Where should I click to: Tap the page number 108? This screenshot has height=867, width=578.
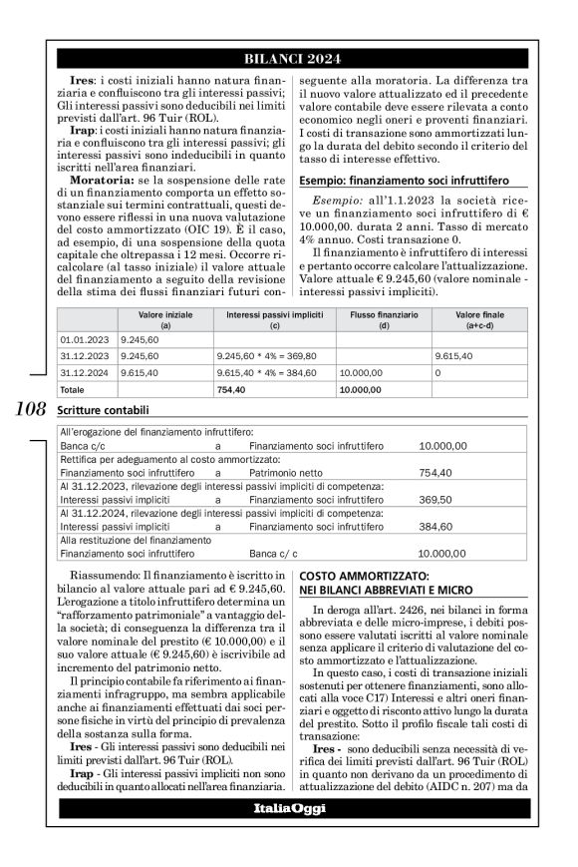point(31,410)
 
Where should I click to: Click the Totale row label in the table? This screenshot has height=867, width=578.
point(73,389)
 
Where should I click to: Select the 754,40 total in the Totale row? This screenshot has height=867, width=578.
point(231,389)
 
